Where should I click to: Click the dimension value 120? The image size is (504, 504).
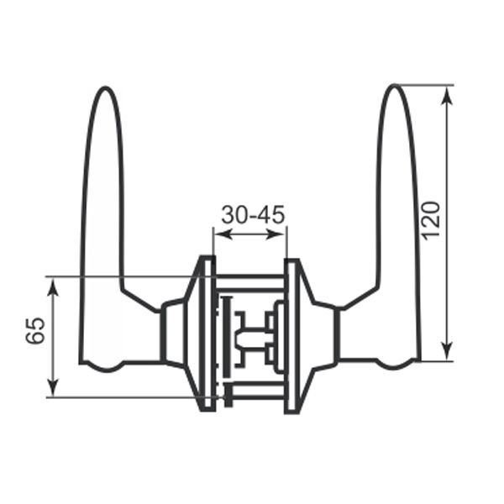point(430,220)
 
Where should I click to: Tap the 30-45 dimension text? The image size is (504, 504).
point(253,215)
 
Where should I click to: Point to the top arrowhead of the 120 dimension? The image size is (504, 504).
point(446,92)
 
